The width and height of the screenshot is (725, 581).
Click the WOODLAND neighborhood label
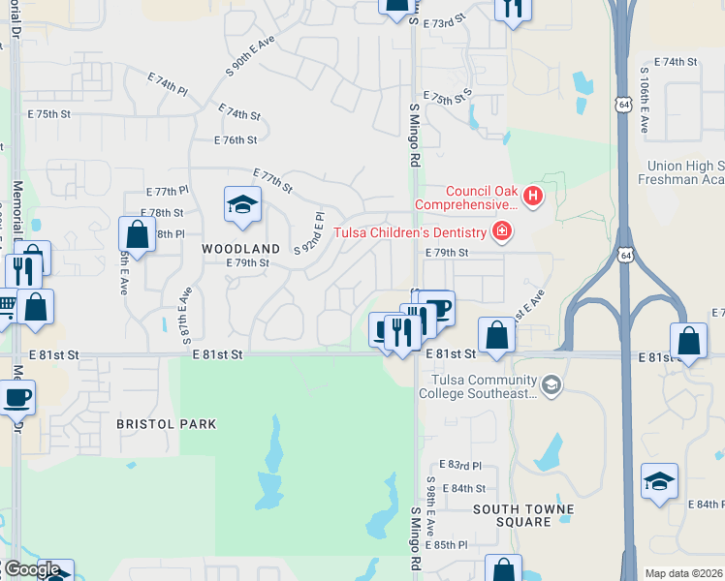234,249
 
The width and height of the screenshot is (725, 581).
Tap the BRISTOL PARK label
166,424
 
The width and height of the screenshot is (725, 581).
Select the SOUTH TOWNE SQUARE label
523,515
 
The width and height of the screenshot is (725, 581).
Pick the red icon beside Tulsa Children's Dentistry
502,230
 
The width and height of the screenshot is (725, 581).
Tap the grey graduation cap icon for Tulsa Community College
552,386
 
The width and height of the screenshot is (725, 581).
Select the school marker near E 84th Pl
659,482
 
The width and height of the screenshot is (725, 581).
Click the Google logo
31,569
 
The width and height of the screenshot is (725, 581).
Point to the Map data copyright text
684,573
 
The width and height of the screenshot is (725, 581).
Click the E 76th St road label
235,140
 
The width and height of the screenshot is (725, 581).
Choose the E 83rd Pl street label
459,466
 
